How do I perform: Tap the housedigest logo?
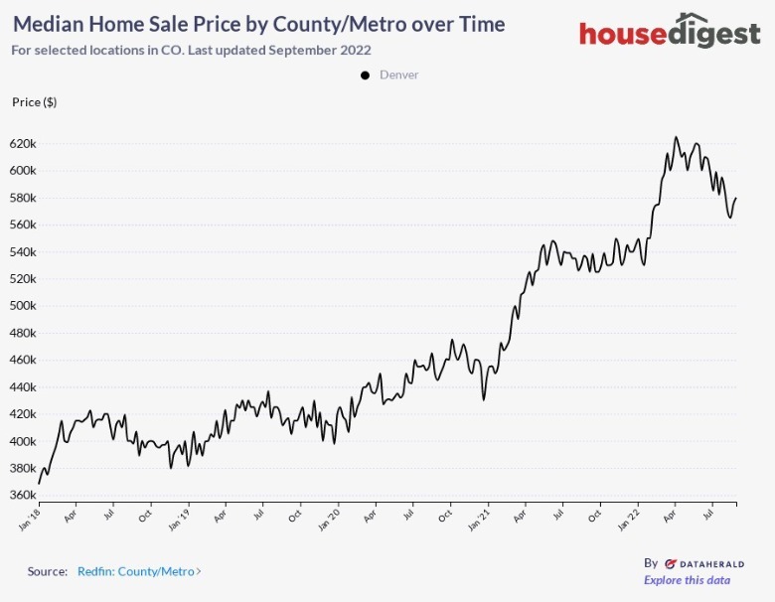[670, 33]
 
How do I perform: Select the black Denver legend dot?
[366, 75]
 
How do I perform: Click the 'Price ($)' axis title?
[34, 102]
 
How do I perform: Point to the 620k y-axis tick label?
[23, 143]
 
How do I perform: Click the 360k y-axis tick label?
[23, 495]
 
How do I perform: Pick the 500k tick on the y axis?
[23, 306]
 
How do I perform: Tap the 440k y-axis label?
[23, 386]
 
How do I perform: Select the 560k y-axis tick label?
[23, 225]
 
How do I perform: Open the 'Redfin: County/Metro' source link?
[139, 571]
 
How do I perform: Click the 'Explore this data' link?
[687, 580]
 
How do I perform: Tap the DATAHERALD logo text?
[704, 562]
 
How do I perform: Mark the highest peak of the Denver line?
[676, 137]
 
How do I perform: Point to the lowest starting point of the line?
[40, 483]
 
